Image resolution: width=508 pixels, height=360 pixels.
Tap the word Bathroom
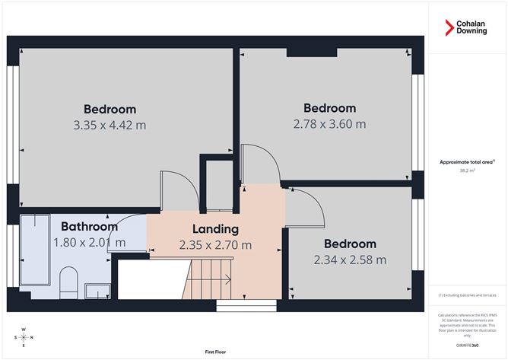[x=89, y=226]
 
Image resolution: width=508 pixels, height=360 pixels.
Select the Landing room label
[x=215, y=228]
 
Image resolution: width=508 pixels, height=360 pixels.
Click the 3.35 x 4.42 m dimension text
[x=110, y=124]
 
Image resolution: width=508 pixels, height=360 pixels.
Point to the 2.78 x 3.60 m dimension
[x=329, y=123]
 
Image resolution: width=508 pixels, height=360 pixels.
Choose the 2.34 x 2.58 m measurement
[x=350, y=260]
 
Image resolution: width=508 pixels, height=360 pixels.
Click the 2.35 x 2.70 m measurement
[x=215, y=245]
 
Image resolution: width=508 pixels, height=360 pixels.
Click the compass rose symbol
[x=24, y=336]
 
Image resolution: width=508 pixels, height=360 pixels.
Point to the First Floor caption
[x=217, y=352]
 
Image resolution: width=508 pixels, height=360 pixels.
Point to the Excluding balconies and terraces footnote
[x=467, y=295]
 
